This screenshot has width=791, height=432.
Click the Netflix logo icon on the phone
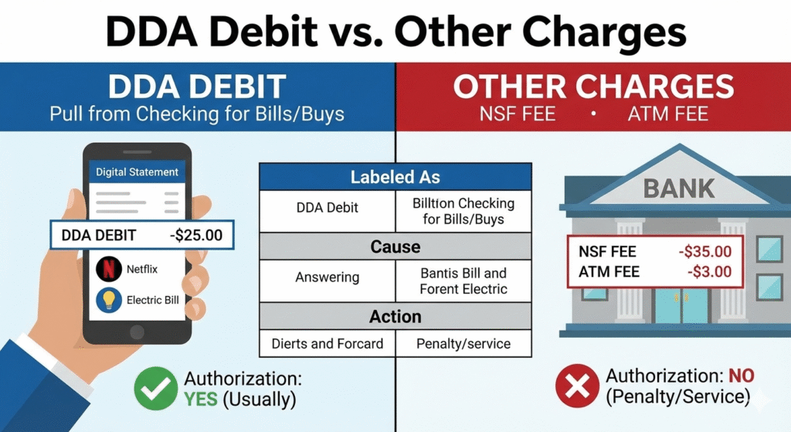(x=108, y=268)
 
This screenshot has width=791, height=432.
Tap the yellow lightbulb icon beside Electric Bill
(x=108, y=300)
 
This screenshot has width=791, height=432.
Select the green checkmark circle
(x=156, y=388)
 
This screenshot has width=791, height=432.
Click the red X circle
(x=577, y=386)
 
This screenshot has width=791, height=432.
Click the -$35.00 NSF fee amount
(x=704, y=251)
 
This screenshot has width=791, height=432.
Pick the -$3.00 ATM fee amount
(x=709, y=271)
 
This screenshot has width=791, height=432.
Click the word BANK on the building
(x=678, y=189)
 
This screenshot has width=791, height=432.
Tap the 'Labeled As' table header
(x=395, y=177)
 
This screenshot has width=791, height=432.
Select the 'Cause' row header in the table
(x=395, y=247)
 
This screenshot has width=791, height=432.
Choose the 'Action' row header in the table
(x=395, y=316)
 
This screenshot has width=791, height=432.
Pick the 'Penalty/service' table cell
(x=463, y=344)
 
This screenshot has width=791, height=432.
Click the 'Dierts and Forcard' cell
(x=328, y=344)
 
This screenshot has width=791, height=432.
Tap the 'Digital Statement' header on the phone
(x=137, y=172)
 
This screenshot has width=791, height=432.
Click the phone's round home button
(x=137, y=332)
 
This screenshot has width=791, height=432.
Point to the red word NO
(x=741, y=376)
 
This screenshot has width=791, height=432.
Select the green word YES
(x=201, y=400)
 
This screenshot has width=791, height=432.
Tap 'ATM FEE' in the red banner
(x=668, y=114)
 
